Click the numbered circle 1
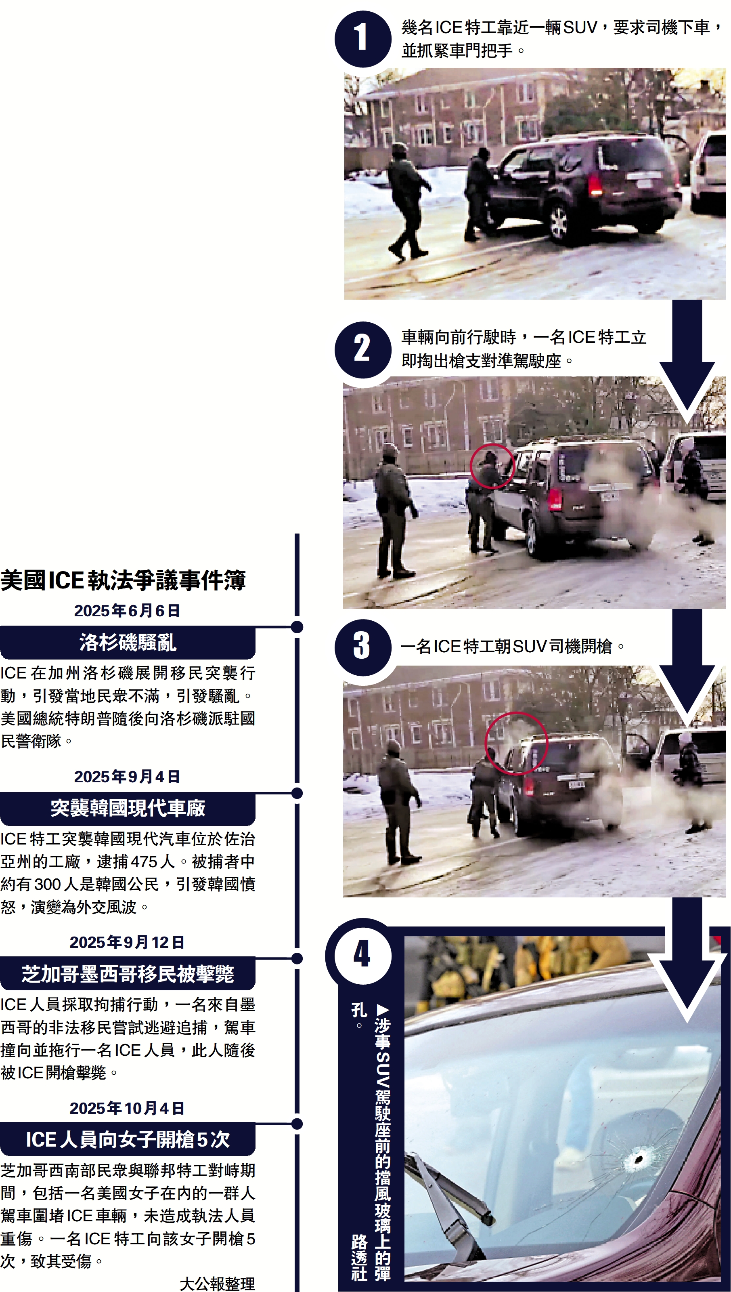tap(362, 39)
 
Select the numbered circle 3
tap(362, 647)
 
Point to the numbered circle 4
tap(362, 955)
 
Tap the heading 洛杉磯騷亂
tap(128, 643)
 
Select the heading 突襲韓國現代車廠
tap(128, 808)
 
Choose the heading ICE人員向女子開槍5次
tap(128, 1139)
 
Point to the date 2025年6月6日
tap(127, 610)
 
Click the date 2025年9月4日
tap(127, 777)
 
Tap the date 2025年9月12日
tap(127, 942)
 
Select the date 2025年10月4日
tap(127, 1108)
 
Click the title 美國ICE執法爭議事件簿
tap(123, 580)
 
